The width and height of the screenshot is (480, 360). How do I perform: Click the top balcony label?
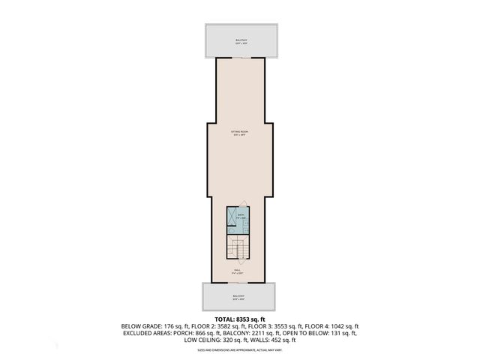240,40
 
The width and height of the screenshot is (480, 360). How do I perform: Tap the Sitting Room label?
240,133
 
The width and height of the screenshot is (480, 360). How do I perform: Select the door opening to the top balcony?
240,58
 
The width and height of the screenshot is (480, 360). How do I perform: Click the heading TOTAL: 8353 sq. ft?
240,319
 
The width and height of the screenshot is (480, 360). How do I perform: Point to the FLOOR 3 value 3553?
287,327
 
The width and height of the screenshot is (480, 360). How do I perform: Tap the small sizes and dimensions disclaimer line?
240,350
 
